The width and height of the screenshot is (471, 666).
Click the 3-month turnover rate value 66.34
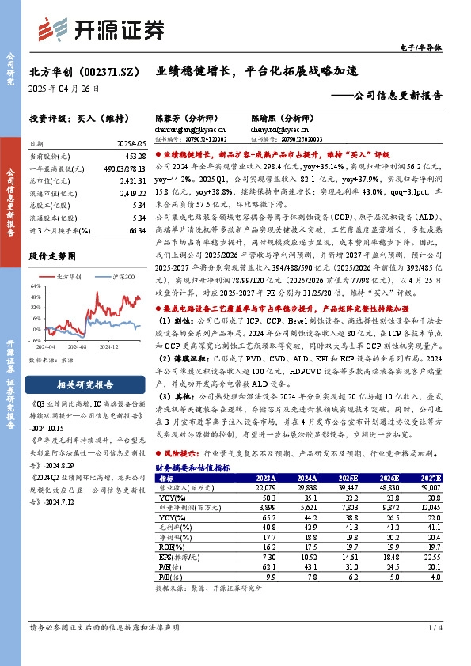pos(135,229)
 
